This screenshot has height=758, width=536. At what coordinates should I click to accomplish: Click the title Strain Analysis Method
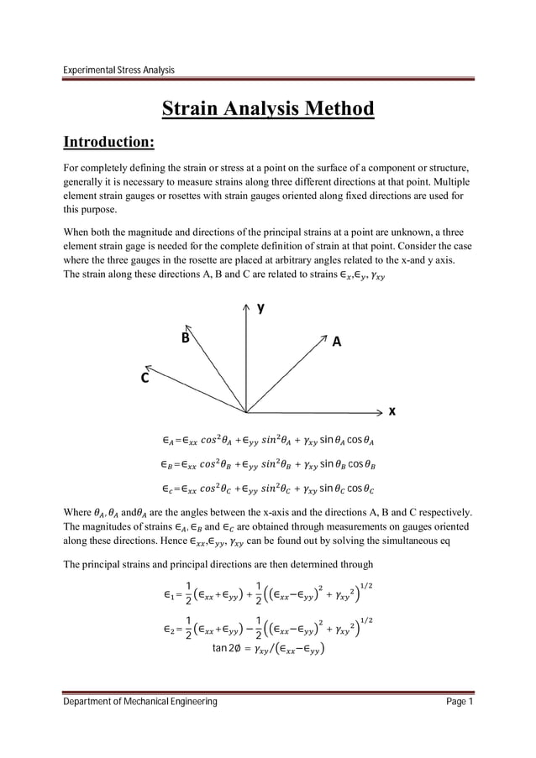click(267, 109)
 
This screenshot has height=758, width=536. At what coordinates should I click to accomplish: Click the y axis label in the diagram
click(260, 308)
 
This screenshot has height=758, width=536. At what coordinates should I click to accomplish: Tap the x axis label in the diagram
click(391, 411)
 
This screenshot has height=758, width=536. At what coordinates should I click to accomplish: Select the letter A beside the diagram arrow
click(337, 342)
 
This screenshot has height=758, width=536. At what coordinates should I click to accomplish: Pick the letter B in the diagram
click(186, 338)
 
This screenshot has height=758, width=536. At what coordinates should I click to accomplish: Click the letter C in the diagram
click(145, 378)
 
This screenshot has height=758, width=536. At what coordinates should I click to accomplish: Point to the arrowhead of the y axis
click(246, 309)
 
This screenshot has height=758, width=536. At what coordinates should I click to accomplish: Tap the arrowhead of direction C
click(148, 364)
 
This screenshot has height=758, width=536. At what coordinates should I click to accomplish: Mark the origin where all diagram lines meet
click(246, 412)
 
